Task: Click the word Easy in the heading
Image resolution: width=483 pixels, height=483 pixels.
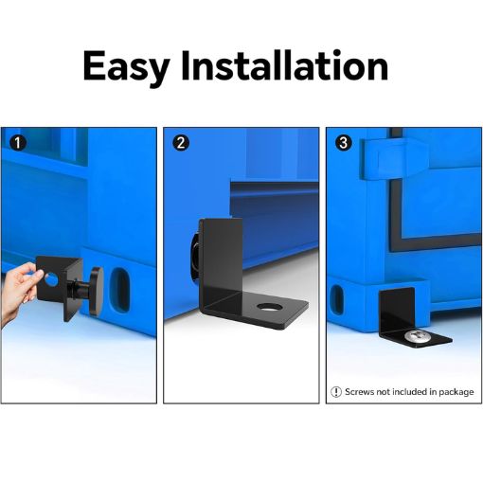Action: pyautogui.click(x=127, y=67)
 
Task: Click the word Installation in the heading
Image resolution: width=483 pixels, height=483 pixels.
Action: pyautogui.click(x=285, y=65)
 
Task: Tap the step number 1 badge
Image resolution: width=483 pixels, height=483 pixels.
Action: pyautogui.click(x=18, y=143)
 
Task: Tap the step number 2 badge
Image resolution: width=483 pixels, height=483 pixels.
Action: pyautogui.click(x=181, y=143)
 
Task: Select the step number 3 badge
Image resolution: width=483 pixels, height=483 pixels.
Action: pyautogui.click(x=344, y=143)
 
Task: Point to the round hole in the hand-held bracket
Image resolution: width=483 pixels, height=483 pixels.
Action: pyautogui.click(x=51, y=279)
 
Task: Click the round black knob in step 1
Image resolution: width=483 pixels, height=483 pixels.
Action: pyautogui.click(x=97, y=291)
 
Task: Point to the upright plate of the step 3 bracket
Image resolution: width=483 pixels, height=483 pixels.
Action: pyautogui.click(x=396, y=310)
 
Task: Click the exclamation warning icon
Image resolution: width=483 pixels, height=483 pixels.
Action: pyautogui.click(x=336, y=392)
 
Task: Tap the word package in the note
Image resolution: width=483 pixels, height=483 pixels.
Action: pyautogui.click(x=456, y=392)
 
